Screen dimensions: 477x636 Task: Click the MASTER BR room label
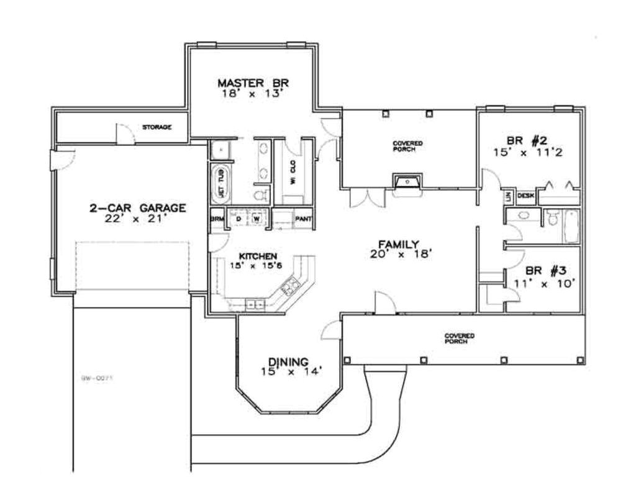[x=253, y=83]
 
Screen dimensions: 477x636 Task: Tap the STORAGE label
[x=157, y=127]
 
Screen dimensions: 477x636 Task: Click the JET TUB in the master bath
[x=220, y=183]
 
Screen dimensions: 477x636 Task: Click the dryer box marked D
[x=238, y=219]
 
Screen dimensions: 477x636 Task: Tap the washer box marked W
[x=256, y=219]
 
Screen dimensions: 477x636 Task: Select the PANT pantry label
[x=303, y=219]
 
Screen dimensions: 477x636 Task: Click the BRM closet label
[x=217, y=219]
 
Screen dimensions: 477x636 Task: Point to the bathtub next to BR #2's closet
[x=571, y=227]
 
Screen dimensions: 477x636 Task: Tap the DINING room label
[x=288, y=361]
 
